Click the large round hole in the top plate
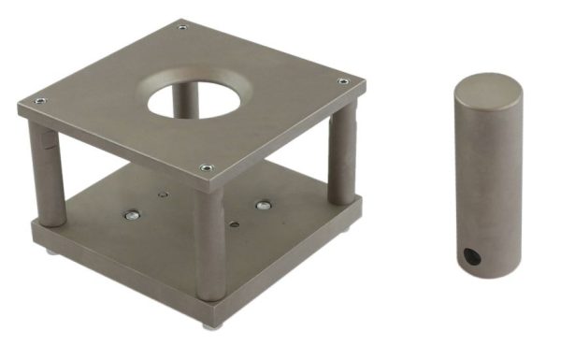tap(194, 96)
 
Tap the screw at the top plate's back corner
tap(181, 27)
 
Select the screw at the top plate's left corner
tap(38, 101)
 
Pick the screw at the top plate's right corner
tap(343, 82)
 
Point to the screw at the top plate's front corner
tap(206, 168)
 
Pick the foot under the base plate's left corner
tap(49, 250)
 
